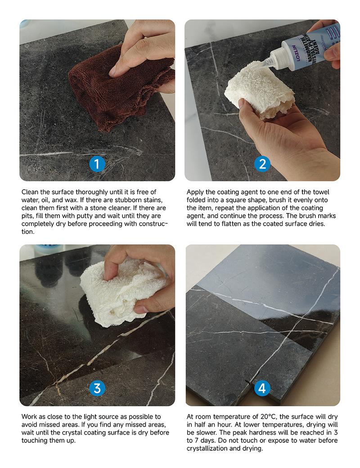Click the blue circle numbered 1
(97, 164)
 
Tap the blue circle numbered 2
(262, 164)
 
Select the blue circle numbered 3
(97, 388)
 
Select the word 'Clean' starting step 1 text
(31, 192)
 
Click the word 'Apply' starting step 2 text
(196, 192)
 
